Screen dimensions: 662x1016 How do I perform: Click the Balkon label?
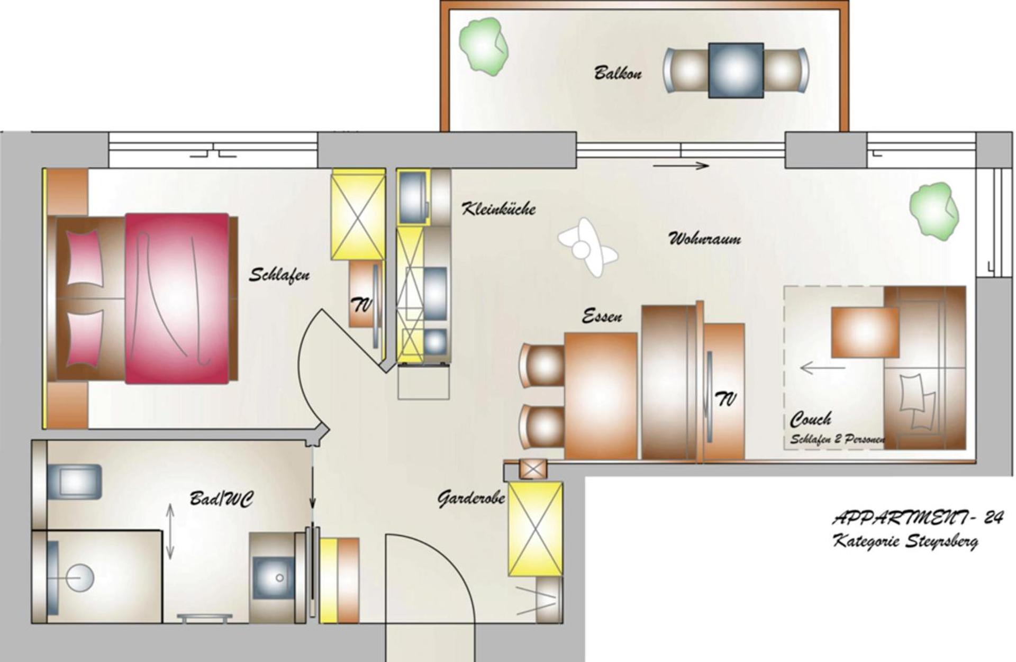click(618, 72)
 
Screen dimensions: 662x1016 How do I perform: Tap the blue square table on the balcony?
click(736, 70)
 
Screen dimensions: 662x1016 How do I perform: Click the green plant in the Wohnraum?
click(934, 209)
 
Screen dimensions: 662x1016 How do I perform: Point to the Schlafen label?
click(279, 275)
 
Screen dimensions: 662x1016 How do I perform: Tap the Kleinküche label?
click(498, 208)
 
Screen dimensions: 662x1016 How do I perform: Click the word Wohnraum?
click(705, 239)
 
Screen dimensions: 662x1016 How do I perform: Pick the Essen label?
click(602, 316)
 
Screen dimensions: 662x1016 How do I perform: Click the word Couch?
click(810, 420)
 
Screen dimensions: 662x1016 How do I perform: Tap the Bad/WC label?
click(221, 499)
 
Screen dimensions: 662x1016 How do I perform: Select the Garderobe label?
click(471, 498)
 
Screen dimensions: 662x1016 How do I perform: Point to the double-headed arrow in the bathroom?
click(170, 531)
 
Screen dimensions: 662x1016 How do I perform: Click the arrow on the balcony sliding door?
click(681, 166)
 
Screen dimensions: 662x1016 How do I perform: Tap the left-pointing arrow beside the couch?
click(822, 367)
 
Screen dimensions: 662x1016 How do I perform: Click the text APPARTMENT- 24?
click(917, 518)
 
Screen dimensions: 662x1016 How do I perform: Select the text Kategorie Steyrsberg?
click(905, 541)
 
